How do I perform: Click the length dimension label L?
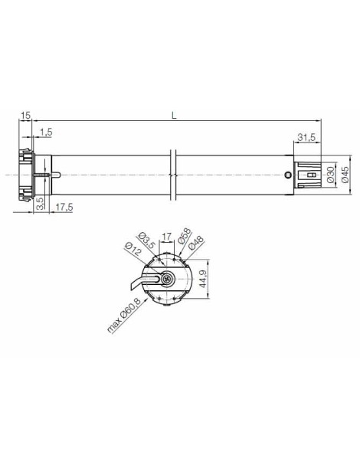click(x=174, y=115)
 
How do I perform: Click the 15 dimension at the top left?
click(x=25, y=115)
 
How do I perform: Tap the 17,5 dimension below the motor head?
click(x=64, y=207)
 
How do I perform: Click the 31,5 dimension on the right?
click(x=307, y=138)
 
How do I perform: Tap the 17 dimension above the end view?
click(x=166, y=237)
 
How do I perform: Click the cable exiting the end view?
click(x=142, y=291)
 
